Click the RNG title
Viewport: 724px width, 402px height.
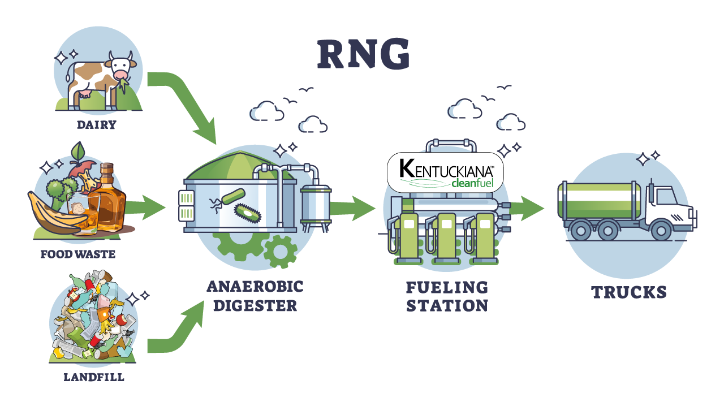point(363,55)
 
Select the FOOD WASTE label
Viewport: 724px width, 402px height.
point(78,254)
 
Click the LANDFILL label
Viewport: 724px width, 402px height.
point(94,377)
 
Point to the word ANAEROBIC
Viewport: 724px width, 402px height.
point(255,286)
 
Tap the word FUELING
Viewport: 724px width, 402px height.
point(447,287)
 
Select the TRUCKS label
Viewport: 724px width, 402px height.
point(629,292)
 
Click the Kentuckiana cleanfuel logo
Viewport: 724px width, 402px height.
point(444,171)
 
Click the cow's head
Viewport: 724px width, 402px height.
point(121,67)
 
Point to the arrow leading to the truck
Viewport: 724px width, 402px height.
point(527,208)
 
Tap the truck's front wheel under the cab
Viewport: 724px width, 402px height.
point(660,230)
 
